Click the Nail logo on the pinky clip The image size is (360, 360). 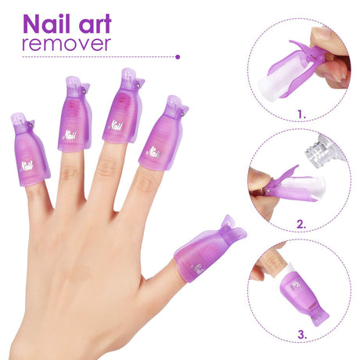click(x=27, y=165)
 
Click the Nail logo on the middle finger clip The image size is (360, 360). click(x=115, y=124)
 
